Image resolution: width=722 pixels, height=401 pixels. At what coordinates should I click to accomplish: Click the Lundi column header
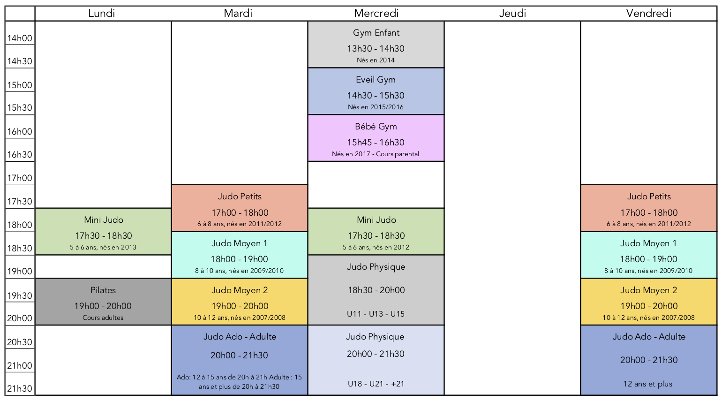click(102, 13)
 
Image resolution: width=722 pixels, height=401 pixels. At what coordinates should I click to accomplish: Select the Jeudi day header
click(512, 13)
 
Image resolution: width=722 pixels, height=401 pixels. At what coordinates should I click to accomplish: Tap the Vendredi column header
click(648, 13)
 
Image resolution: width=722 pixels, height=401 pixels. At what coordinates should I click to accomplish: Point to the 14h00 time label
click(20, 38)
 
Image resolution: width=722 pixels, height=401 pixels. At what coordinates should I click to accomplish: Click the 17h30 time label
click(20, 202)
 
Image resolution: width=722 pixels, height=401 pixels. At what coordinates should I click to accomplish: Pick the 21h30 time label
click(20, 389)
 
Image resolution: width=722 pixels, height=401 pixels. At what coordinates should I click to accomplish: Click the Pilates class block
click(103, 302)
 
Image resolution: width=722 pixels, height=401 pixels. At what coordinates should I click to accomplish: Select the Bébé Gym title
click(376, 127)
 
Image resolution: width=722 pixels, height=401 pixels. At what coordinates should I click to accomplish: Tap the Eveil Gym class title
click(376, 80)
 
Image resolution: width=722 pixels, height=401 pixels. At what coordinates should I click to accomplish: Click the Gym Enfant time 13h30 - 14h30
click(376, 49)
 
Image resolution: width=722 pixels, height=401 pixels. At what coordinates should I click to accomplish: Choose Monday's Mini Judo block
click(103, 231)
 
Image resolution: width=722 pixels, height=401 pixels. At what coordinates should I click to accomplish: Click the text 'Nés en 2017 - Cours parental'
click(376, 154)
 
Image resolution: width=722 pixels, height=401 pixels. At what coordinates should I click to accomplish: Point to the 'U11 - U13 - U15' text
click(376, 314)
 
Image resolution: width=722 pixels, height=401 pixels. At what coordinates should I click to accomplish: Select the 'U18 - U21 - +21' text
click(376, 384)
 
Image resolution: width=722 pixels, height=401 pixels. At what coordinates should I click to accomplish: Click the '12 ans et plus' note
click(648, 384)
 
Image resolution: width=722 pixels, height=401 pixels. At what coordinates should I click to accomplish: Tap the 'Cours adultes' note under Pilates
click(103, 318)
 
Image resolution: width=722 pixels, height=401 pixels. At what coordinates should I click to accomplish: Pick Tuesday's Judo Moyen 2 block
click(240, 302)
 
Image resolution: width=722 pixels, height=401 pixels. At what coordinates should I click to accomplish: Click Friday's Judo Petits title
click(649, 197)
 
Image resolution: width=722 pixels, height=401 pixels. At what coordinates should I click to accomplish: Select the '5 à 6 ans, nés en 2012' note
click(376, 248)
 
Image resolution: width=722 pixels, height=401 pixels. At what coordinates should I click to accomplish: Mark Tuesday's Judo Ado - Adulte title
click(240, 337)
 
